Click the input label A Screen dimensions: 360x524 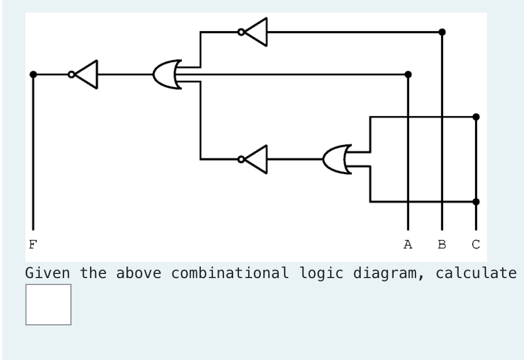click(x=408, y=245)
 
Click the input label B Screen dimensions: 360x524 click(x=442, y=245)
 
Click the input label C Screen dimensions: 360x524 click(x=476, y=245)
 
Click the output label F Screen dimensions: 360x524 click(x=33, y=245)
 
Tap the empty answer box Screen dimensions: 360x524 click(x=48, y=305)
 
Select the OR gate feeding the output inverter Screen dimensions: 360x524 click(x=168, y=74)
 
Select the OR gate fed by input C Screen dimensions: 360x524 click(x=338, y=159)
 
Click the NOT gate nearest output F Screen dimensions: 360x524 click(x=85, y=74)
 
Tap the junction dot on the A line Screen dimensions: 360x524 click(x=408, y=74)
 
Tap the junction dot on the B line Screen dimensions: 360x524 click(x=442, y=32)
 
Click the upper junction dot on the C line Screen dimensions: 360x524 click(x=476, y=117)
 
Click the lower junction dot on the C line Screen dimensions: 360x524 click(x=476, y=202)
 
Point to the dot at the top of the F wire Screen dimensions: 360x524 click(x=33, y=74)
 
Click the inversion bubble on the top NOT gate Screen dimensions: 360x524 click(x=241, y=32)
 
